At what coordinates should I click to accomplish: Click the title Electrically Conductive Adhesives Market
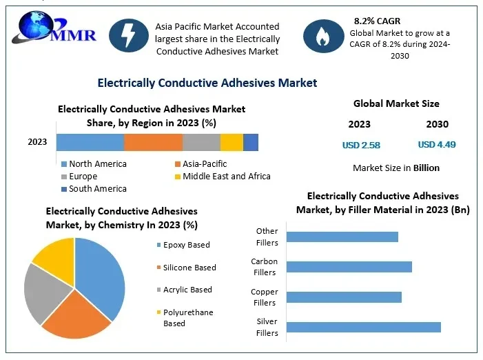click(x=207, y=83)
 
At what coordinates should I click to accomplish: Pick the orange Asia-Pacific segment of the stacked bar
click(x=153, y=142)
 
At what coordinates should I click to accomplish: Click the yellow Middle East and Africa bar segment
click(x=232, y=142)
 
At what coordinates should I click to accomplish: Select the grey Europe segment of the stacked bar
click(x=201, y=142)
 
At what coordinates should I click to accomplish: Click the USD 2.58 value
click(x=361, y=145)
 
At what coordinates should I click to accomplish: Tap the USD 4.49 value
click(x=437, y=145)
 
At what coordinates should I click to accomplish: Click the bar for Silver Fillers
click(x=363, y=327)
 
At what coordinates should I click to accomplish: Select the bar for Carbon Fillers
click(x=349, y=267)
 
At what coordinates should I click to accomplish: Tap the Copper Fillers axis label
click(x=265, y=297)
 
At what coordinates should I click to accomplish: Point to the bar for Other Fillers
click(x=342, y=237)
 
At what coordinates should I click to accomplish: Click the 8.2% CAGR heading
click(x=377, y=21)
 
